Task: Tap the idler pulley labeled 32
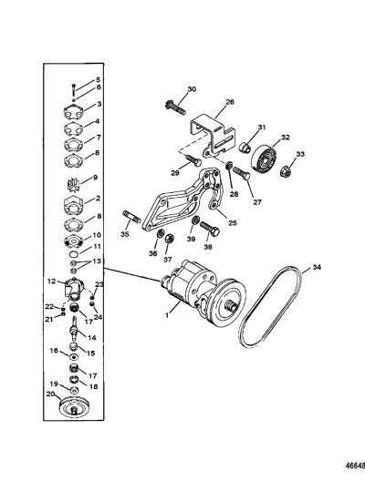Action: tap(265, 159)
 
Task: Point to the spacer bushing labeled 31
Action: tap(245, 147)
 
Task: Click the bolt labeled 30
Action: tap(175, 107)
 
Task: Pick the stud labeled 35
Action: tap(131, 217)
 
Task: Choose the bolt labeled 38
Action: tap(210, 229)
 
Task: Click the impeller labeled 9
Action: tap(73, 185)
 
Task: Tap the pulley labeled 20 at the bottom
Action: tap(74, 407)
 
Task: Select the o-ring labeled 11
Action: tap(73, 254)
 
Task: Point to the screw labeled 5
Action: tap(74, 89)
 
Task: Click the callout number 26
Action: tap(230, 102)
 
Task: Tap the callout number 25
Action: tap(233, 222)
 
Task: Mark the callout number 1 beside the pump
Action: tap(167, 315)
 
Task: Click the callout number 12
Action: tap(52, 281)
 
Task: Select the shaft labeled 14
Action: tap(74, 332)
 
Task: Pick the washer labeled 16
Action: tap(73, 358)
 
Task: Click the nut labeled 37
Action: tap(169, 239)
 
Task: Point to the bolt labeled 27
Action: tap(241, 173)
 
